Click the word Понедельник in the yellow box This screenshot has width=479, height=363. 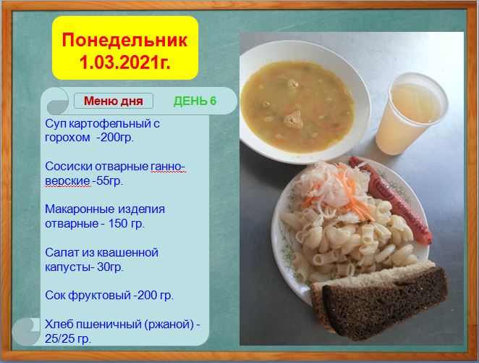click(x=124, y=40)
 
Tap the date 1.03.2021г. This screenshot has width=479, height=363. click(x=124, y=63)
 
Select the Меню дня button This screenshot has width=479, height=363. click(x=114, y=101)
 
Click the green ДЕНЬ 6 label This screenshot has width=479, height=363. click(x=195, y=101)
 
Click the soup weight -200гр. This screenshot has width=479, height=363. click(x=115, y=138)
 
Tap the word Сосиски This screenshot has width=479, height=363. click(x=69, y=167)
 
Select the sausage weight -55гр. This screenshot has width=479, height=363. click(x=108, y=180)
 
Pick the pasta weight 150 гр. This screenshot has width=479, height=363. click(x=127, y=224)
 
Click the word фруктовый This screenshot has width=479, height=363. click(x=99, y=296)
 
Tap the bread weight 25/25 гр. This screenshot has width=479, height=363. click(x=68, y=338)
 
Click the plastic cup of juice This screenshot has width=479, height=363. click(x=411, y=114)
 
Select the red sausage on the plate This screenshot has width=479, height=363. click(x=391, y=199)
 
